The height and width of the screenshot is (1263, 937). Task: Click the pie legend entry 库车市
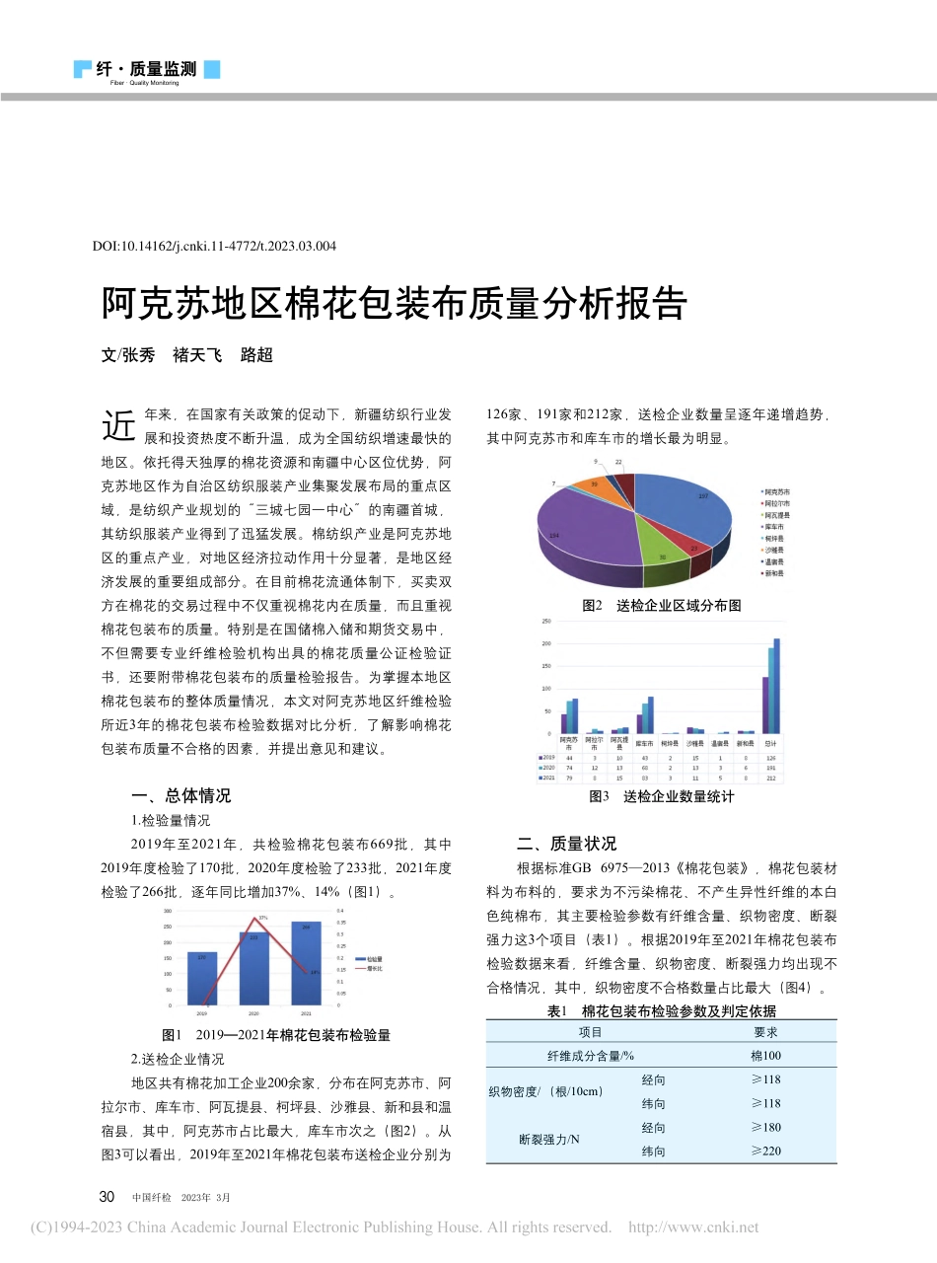click(x=774, y=526)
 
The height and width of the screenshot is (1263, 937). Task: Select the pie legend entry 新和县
click(x=774, y=572)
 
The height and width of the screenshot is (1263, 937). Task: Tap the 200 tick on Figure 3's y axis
click(x=547, y=643)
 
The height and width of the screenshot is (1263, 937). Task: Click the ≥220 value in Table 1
click(x=765, y=1151)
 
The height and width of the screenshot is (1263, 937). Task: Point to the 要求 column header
click(x=765, y=1031)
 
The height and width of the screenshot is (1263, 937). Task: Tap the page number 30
click(x=108, y=1197)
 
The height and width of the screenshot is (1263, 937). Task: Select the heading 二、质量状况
click(x=567, y=844)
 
